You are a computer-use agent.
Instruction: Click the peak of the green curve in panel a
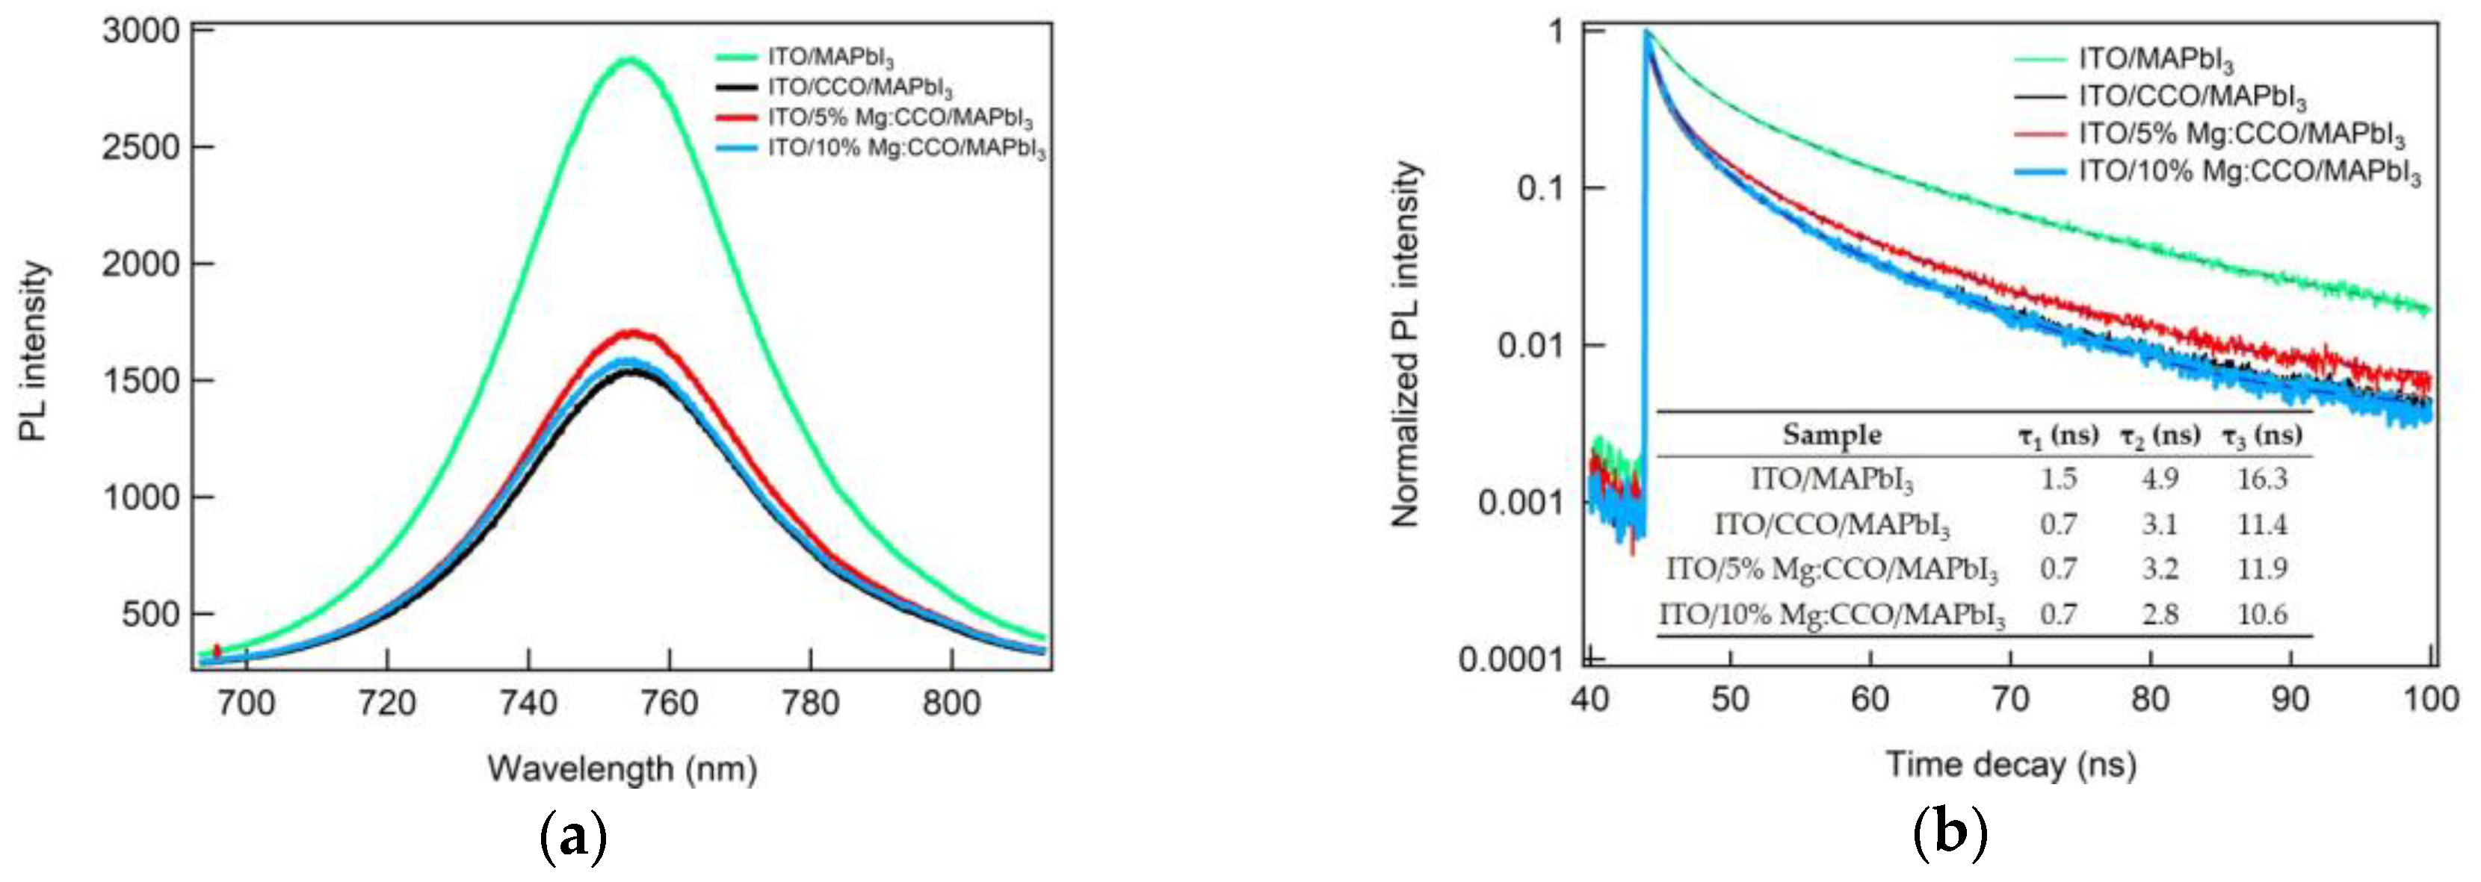click(x=629, y=60)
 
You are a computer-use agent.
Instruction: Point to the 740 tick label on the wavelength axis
click(x=528, y=703)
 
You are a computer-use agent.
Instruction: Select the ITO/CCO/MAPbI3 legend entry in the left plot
click(x=860, y=90)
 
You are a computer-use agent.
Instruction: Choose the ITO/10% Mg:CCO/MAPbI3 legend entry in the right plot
click(x=2249, y=173)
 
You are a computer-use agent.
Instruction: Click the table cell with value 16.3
click(x=2261, y=479)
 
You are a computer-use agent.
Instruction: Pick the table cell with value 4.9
click(x=2160, y=479)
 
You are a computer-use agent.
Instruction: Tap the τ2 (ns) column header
click(x=2160, y=435)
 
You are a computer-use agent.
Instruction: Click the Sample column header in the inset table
click(x=1831, y=435)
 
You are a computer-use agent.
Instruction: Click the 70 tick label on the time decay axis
click(x=2010, y=699)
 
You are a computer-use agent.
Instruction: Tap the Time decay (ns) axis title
click(x=2010, y=765)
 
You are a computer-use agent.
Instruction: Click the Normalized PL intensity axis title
click(x=1406, y=344)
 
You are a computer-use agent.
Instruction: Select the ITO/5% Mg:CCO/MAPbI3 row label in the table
click(x=1831, y=569)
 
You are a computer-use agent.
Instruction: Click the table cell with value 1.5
click(x=2058, y=479)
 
